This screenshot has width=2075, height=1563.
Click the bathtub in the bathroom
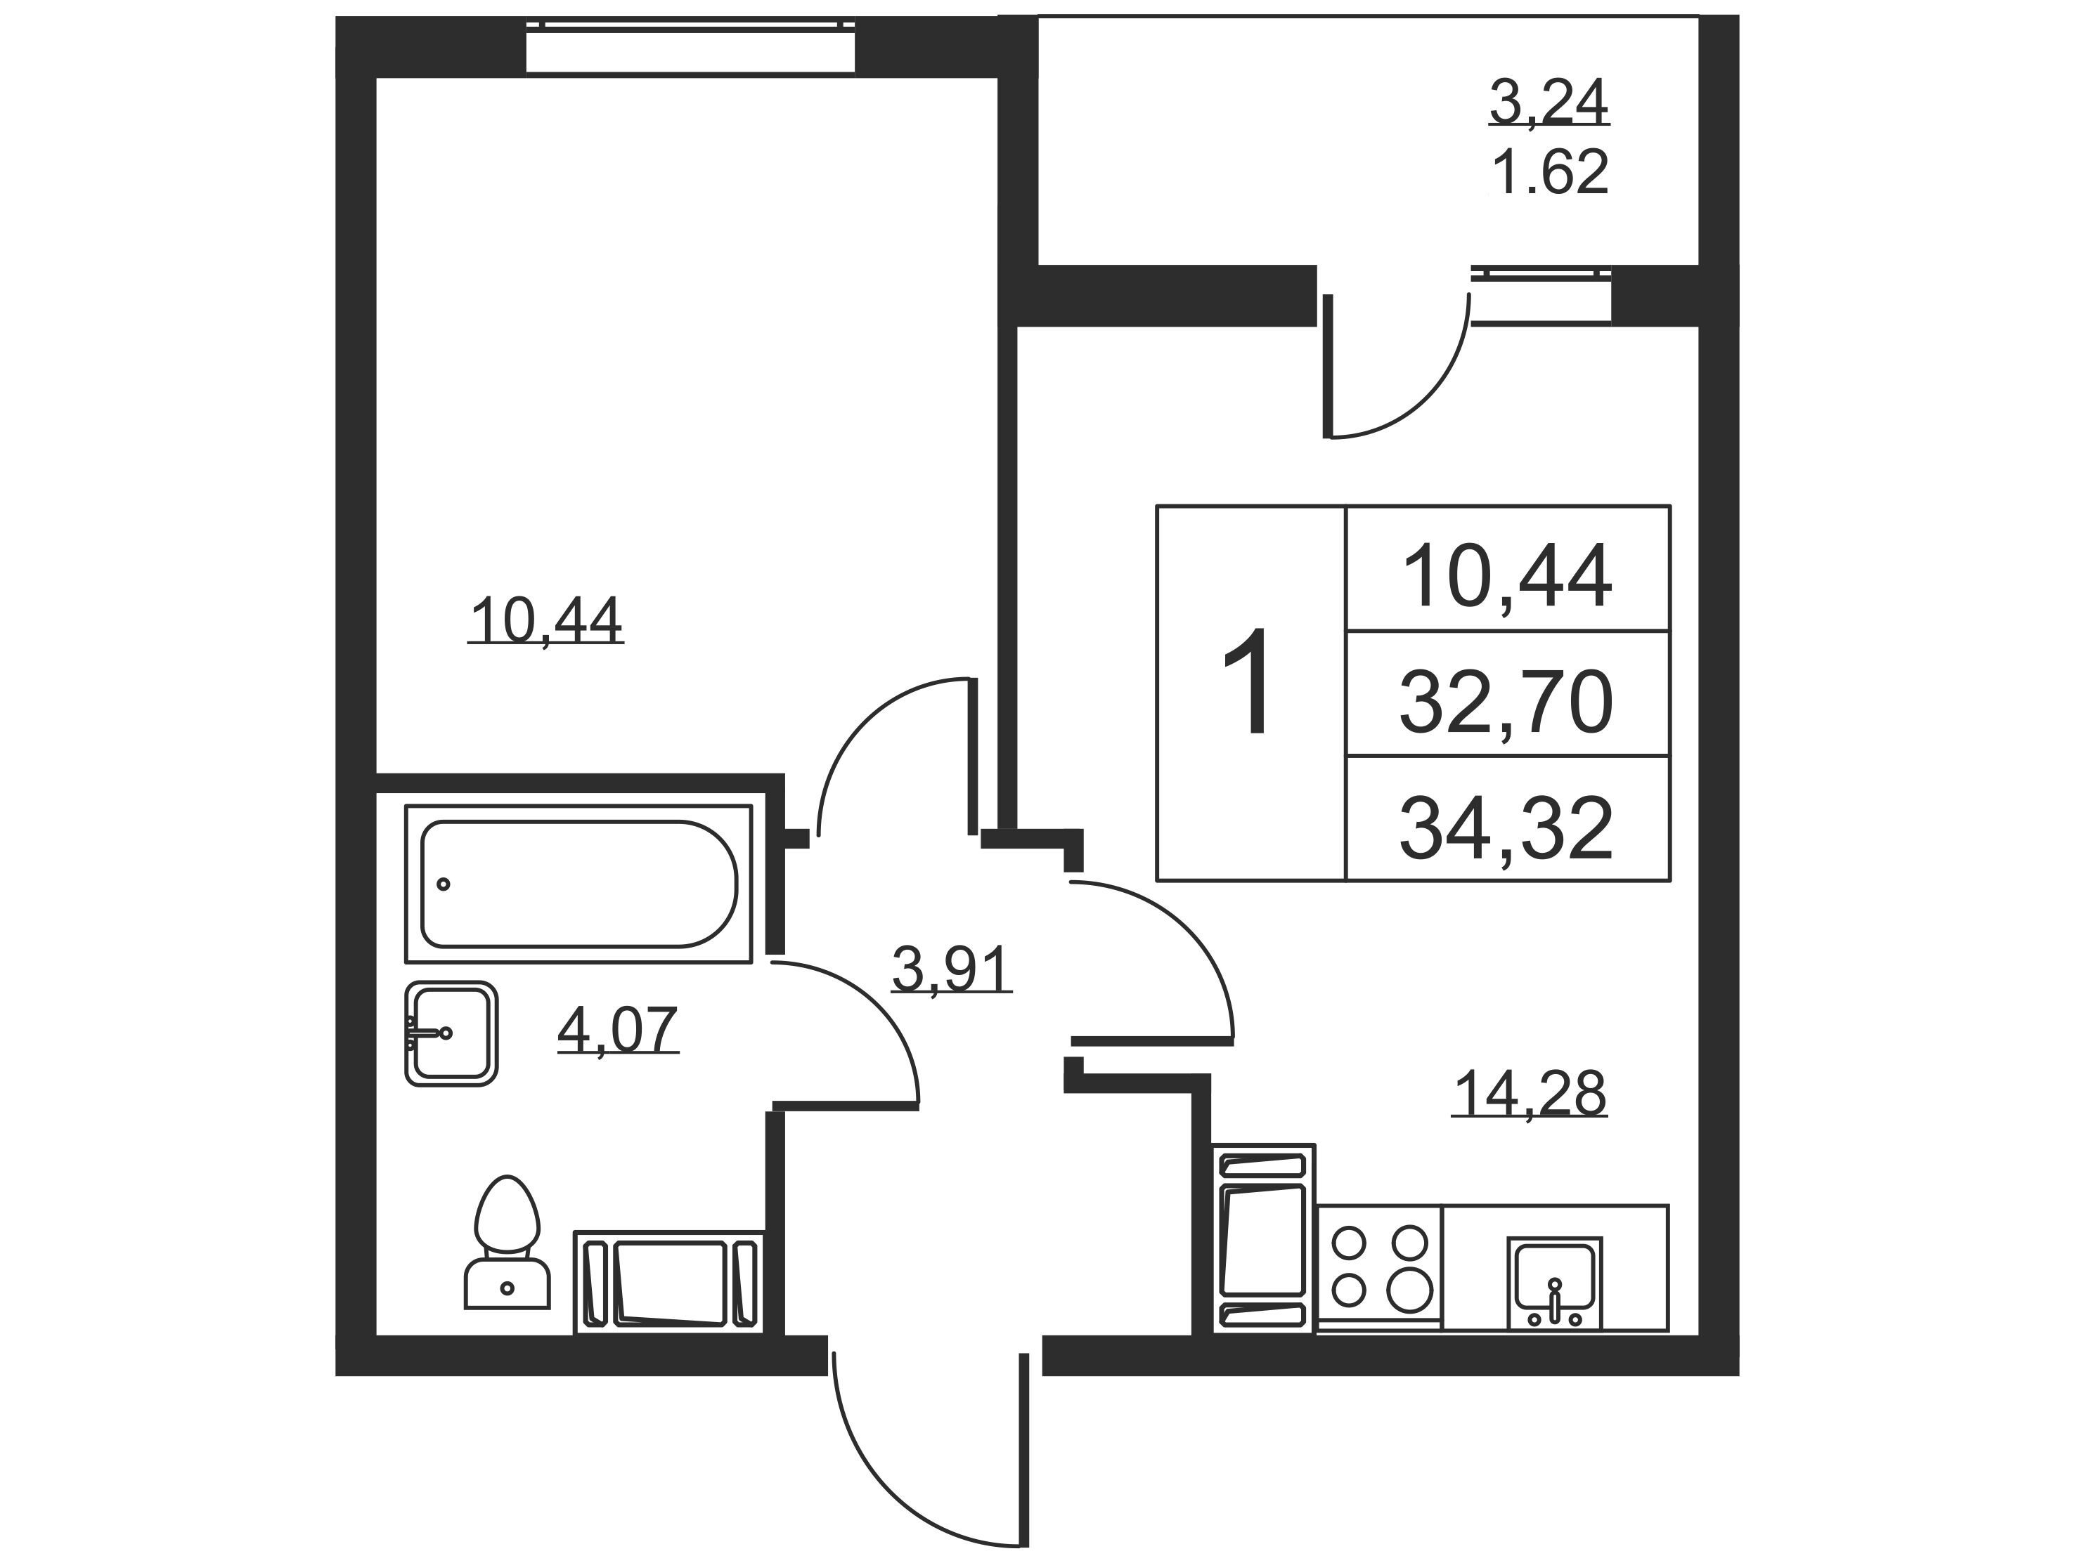click(x=578, y=883)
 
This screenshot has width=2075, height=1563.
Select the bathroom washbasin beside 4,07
click(x=451, y=1033)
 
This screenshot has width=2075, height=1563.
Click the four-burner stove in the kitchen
click(x=1379, y=1269)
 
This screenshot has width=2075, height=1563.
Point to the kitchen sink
click(x=1554, y=1283)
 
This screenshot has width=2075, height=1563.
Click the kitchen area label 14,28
click(x=1529, y=1092)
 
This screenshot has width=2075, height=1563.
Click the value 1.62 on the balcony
click(x=1550, y=171)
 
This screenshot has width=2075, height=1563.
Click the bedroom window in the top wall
click(x=690, y=45)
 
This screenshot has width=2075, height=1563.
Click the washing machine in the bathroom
click(x=670, y=1283)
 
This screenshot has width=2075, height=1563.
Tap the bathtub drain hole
click(x=444, y=884)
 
